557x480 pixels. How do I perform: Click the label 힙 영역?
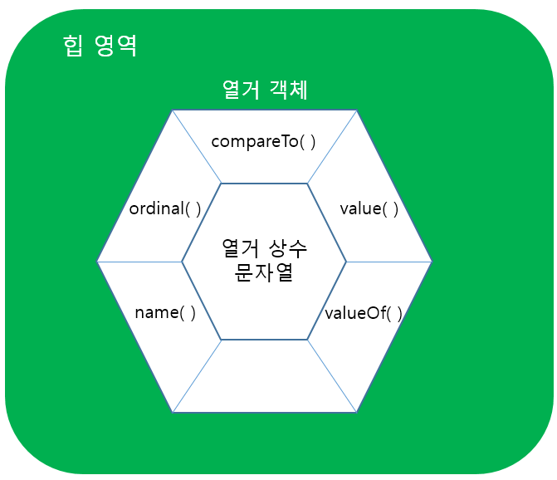(100, 46)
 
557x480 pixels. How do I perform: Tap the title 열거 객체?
(265, 90)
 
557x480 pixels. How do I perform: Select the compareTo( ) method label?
(264, 141)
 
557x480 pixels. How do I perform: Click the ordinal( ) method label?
(165, 208)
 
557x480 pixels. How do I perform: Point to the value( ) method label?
(369, 208)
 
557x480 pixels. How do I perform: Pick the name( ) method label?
(165, 313)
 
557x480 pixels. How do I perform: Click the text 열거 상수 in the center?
(265, 247)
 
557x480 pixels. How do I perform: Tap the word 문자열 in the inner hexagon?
(265, 273)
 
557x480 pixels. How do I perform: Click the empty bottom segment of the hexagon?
(265, 378)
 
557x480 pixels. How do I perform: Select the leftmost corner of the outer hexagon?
(97, 262)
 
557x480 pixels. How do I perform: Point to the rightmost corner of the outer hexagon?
(432, 262)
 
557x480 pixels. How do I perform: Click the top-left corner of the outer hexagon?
(173, 110)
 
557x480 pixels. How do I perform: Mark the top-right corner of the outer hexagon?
(357, 110)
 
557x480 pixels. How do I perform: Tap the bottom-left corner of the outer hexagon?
(173, 412)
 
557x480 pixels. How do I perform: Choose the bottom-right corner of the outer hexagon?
(357, 412)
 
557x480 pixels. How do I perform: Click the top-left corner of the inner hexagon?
(222, 184)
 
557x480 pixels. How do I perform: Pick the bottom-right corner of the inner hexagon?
(308, 340)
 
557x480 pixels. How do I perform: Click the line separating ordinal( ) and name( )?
(139, 262)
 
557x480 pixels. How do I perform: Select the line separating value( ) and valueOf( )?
(389, 262)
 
